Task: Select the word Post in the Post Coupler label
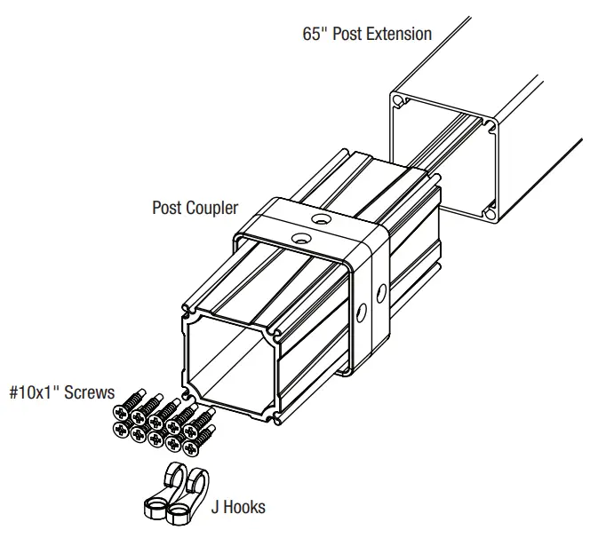pyautogui.click(x=167, y=208)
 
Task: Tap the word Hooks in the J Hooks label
pyautogui.click(x=244, y=507)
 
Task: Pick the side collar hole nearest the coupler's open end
pyautogui.click(x=362, y=313)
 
